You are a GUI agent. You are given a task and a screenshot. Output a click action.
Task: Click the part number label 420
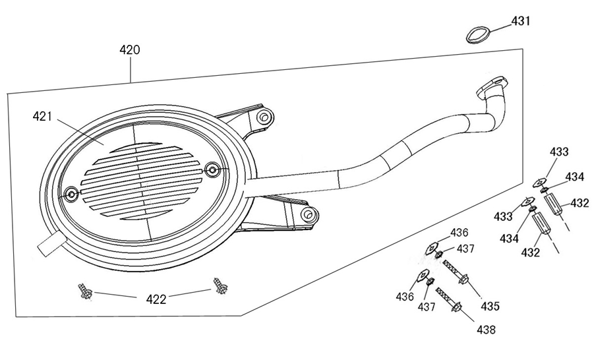[129, 49]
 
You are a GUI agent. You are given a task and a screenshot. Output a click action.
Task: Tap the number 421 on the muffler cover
[42, 117]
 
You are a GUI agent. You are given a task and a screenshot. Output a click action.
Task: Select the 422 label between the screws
[156, 299]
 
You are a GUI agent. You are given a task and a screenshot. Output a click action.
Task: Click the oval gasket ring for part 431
[477, 34]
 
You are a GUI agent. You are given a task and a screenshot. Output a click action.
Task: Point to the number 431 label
[520, 21]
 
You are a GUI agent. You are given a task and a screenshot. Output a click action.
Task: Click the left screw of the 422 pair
[84, 291]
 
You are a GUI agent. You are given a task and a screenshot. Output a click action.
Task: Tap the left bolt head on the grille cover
[71, 194]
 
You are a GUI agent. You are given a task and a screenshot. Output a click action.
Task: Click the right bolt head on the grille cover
[212, 170]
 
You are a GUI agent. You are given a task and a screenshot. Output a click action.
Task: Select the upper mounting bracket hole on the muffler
[264, 117]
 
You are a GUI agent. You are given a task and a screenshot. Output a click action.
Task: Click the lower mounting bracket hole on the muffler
[306, 215]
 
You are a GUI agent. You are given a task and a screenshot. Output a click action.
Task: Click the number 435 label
[489, 306]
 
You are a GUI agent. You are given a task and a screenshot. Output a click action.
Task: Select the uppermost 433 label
[558, 152]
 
